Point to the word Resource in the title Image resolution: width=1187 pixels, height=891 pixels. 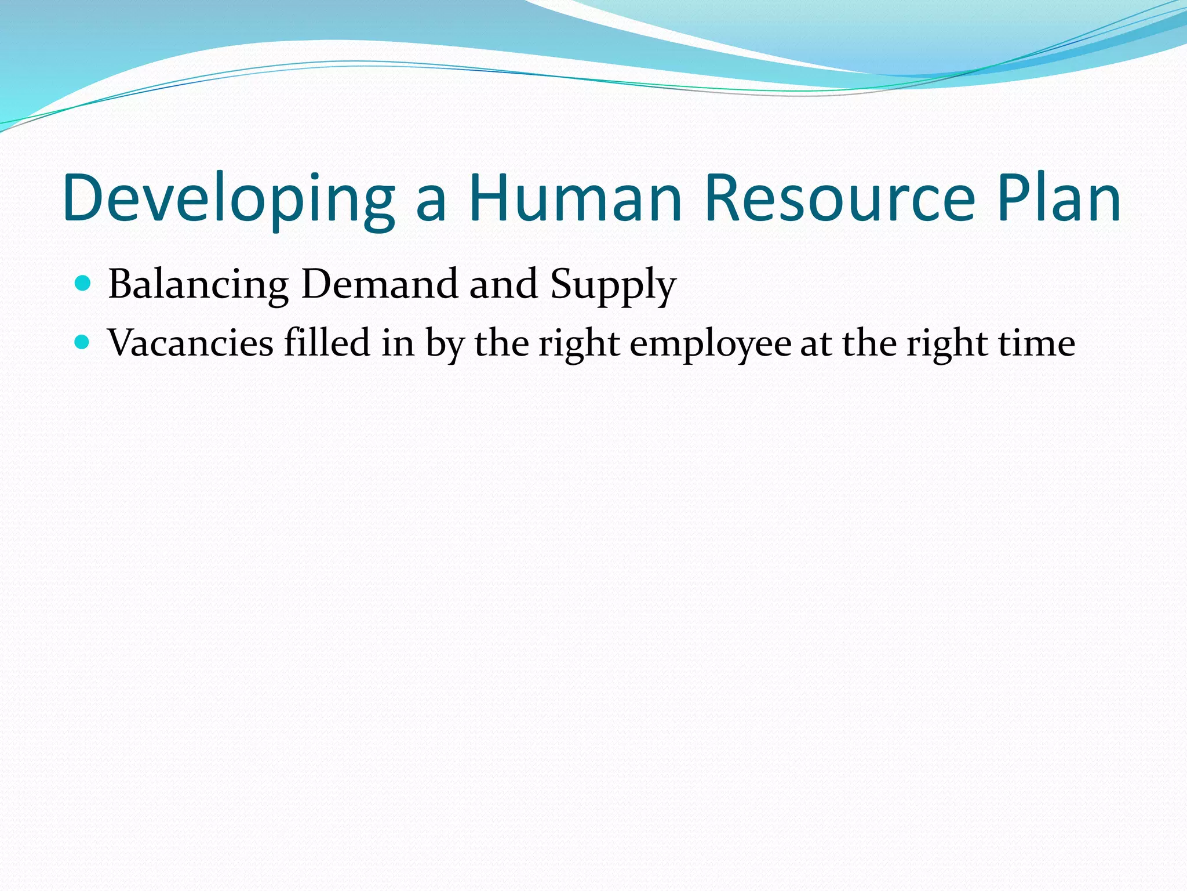(840, 198)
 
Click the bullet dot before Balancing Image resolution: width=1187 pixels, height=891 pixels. (83, 284)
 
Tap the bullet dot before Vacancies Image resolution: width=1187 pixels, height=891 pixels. (83, 342)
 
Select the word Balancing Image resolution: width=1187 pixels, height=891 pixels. (198, 285)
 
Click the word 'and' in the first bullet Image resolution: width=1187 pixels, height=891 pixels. (503, 284)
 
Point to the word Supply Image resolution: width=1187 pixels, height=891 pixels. (613, 286)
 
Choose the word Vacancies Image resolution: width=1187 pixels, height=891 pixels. (190, 342)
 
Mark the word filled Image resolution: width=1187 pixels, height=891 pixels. (326, 342)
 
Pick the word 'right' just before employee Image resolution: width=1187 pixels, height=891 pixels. (579, 343)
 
